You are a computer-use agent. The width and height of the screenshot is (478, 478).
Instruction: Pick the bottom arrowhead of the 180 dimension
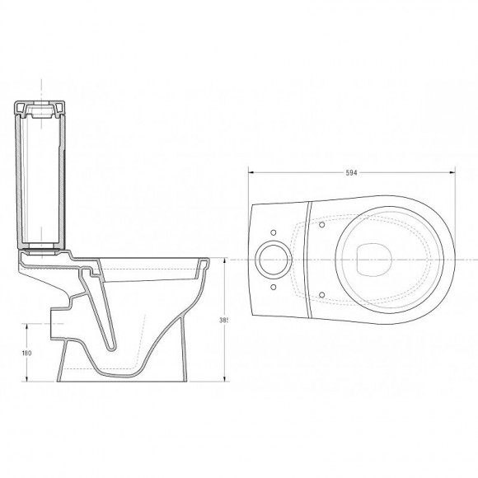coord(30,382)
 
